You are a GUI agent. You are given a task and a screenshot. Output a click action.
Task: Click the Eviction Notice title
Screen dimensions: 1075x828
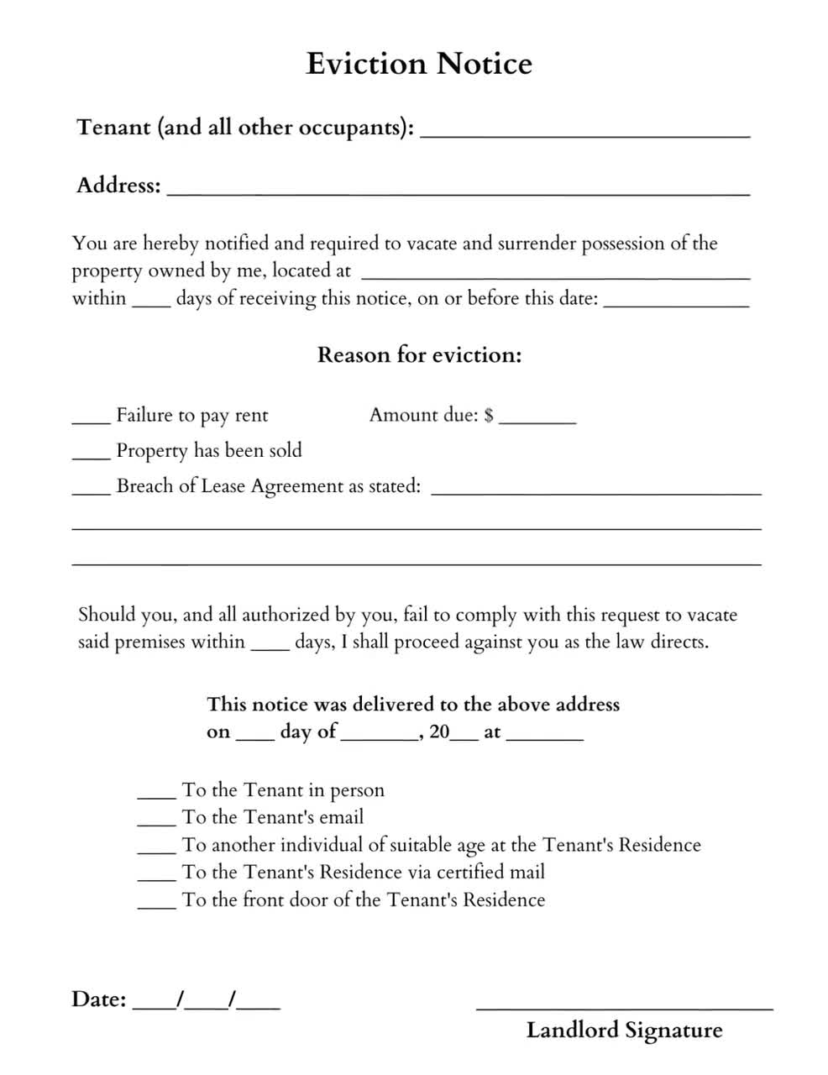pos(418,64)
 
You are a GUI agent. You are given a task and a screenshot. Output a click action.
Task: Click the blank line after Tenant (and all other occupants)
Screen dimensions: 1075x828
pos(584,131)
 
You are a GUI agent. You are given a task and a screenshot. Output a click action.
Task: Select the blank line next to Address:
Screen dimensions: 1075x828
pos(458,189)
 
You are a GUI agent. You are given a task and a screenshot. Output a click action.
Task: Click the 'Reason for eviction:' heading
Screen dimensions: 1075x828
pos(419,355)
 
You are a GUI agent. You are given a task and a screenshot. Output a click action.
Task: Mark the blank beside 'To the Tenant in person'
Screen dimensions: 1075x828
pos(156,794)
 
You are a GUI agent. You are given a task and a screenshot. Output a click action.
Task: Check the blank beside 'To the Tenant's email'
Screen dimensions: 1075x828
pos(156,821)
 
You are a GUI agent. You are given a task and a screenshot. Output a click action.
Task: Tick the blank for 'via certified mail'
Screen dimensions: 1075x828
pos(156,876)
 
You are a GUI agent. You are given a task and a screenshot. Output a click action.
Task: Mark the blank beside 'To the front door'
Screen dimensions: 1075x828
pos(156,904)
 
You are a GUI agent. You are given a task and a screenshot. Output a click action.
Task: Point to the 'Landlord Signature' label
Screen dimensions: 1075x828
pos(624,1030)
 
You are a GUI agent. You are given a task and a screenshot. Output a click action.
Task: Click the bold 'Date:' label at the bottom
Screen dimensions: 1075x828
pos(99,999)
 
